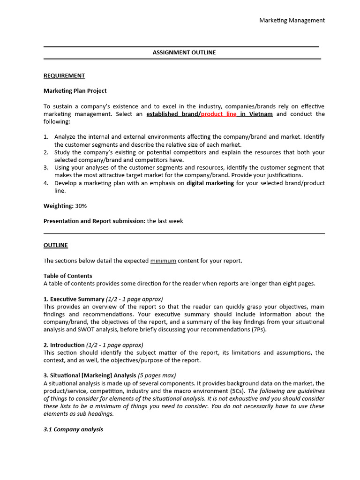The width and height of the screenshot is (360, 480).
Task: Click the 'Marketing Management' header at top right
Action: (x=292, y=20)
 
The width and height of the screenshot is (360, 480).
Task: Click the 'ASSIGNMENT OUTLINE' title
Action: (x=184, y=52)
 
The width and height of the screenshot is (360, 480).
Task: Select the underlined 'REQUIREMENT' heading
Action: (x=64, y=75)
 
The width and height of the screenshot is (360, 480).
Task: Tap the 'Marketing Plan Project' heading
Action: (x=75, y=91)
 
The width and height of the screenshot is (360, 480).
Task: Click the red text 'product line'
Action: (x=219, y=114)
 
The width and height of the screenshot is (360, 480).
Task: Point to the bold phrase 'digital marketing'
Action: (x=210, y=183)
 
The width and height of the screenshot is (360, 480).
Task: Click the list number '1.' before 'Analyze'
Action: (x=46, y=137)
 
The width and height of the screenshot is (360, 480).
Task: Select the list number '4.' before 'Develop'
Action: (x=46, y=183)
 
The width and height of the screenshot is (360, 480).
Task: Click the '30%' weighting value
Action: (x=81, y=206)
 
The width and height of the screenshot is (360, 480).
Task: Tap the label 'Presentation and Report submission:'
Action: (x=94, y=221)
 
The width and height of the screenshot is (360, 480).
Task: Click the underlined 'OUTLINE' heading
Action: (x=56, y=245)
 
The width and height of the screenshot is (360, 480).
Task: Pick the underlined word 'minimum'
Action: (x=163, y=261)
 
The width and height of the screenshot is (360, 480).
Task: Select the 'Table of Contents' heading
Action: (x=68, y=276)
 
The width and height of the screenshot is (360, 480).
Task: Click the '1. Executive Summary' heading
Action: (x=74, y=299)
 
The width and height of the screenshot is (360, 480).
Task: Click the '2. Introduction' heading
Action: (x=64, y=345)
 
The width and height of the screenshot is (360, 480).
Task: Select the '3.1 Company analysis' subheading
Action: (x=73, y=429)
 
